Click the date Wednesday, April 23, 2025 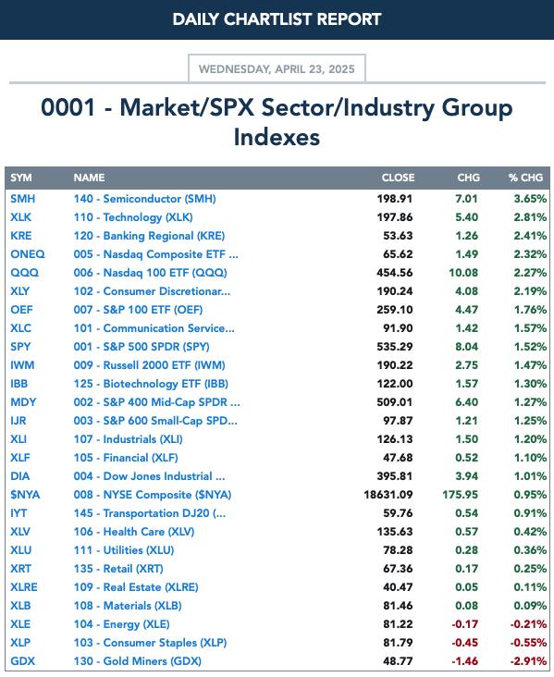tap(277, 69)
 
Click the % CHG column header tap(525, 178)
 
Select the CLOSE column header tap(398, 178)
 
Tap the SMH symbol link tap(23, 199)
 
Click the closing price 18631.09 tap(388, 495)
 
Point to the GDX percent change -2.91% tap(528, 661)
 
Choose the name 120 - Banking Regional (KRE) tap(149, 236)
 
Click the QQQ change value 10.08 tap(460, 273)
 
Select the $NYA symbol tap(25, 495)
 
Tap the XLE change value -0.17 tap(464, 624)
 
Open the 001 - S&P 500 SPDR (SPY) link tap(142, 347)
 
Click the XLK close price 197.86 tap(395, 217)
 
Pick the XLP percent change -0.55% tap(528, 643)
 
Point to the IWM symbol tap(22, 364)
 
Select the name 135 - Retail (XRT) tap(118, 569)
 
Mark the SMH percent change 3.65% tap(530, 199)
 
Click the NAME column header tap(89, 178)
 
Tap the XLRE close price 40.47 tap(398, 587)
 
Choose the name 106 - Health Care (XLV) tap(134, 532)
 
